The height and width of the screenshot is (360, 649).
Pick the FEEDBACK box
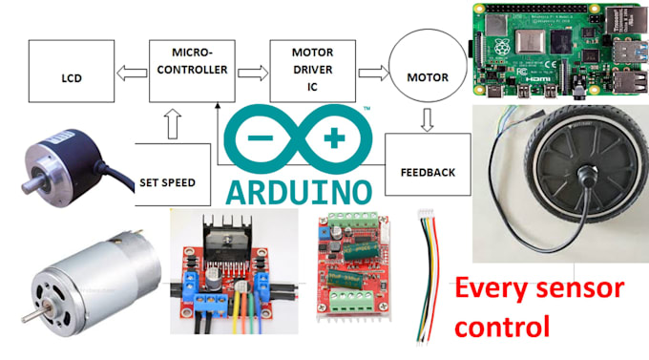tap(428, 173)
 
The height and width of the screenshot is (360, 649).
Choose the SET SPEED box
tap(172, 178)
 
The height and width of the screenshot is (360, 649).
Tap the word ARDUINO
tap(298, 188)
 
